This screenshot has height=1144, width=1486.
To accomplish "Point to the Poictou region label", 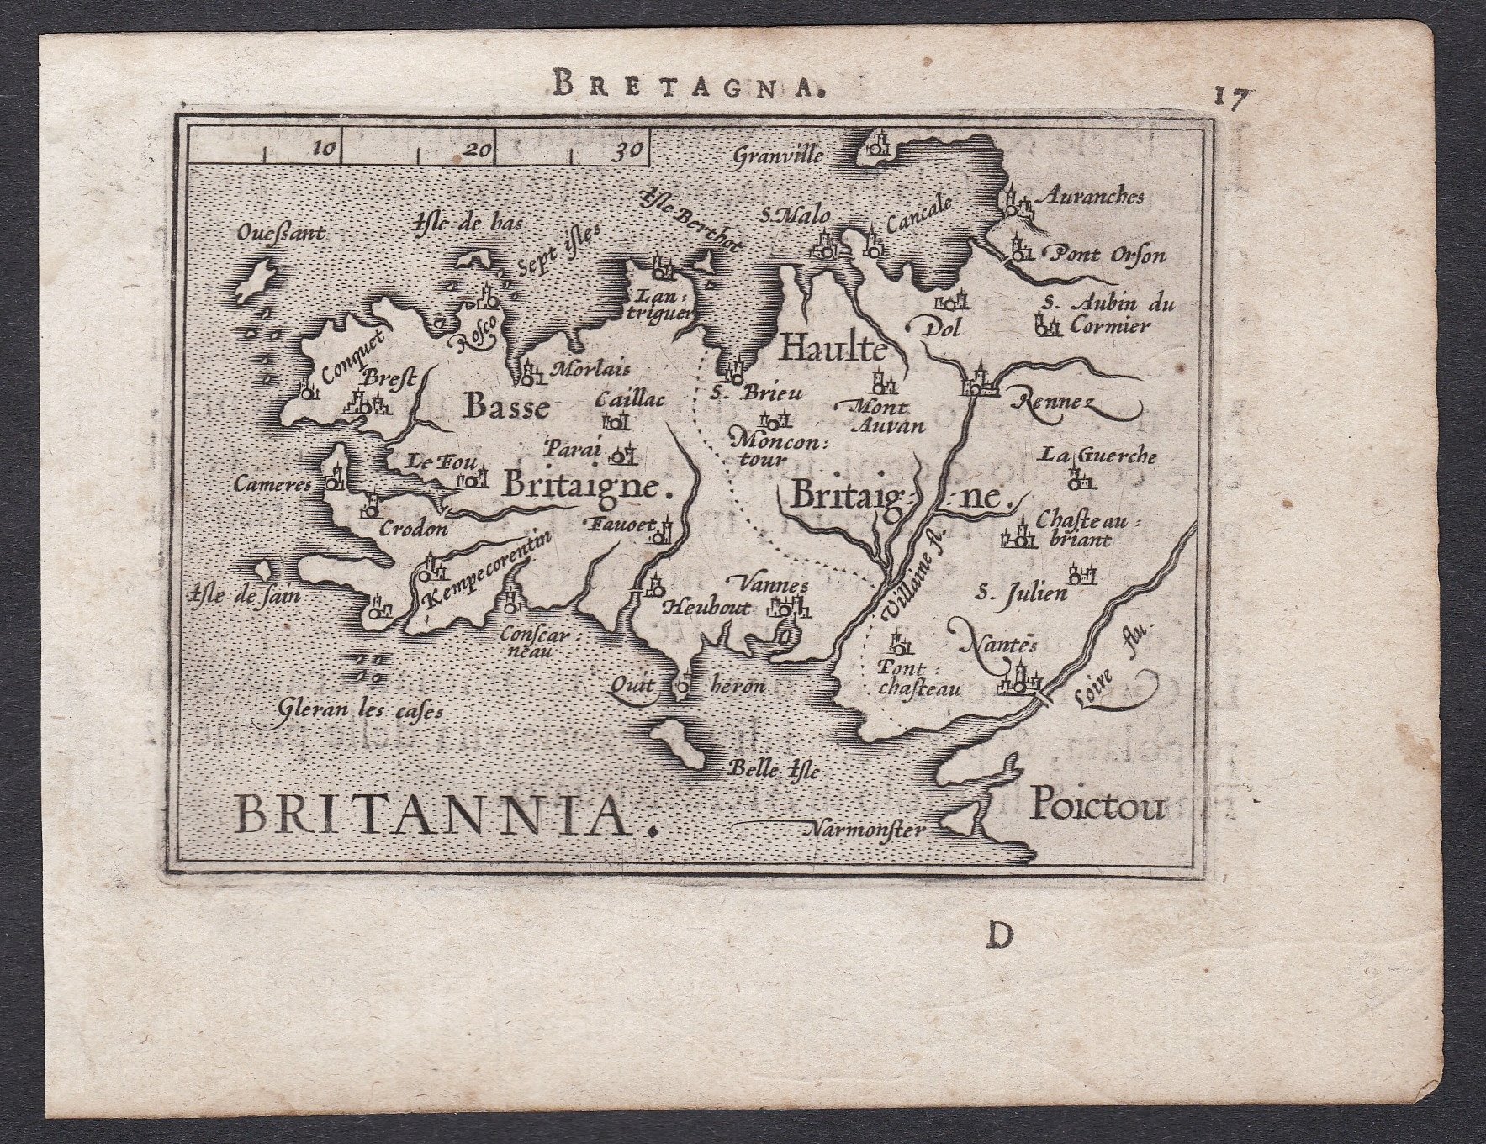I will (1098, 807).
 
